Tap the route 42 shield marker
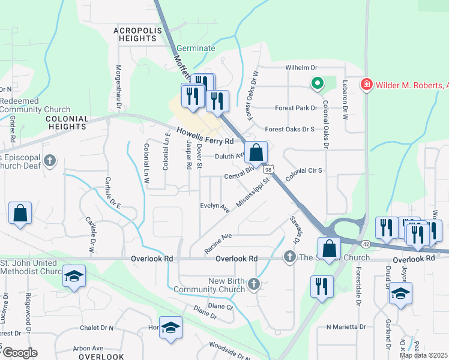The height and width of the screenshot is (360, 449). tap(366, 244)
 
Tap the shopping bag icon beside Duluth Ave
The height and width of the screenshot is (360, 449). tap(256, 153)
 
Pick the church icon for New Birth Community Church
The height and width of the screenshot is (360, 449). tap(254, 283)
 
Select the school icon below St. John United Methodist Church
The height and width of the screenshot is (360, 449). tap(74, 276)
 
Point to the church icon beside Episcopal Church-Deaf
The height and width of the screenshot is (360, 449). tap(49, 160)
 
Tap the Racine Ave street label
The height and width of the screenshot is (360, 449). tap(218, 243)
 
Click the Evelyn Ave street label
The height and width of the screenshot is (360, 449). tap(215, 208)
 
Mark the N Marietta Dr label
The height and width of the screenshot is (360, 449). tap(346, 327)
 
